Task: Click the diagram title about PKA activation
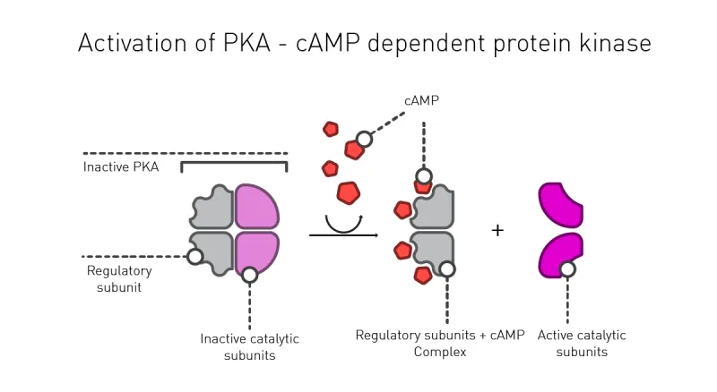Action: coord(364,42)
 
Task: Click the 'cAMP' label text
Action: coord(421,101)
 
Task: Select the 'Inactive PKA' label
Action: coord(121,166)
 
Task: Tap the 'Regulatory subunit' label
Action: coord(119,278)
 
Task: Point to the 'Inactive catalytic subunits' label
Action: coord(249,346)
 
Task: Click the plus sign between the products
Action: coord(498,231)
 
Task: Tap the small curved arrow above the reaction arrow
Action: coord(343,220)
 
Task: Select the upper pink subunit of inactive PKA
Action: coord(256,206)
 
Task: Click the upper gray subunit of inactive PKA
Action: coord(213,207)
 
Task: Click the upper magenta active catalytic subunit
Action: coord(559,203)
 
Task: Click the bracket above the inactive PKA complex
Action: coord(234,165)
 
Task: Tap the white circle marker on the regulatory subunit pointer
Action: coord(194,257)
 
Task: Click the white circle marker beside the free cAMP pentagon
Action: coord(364,140)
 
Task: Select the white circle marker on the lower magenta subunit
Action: coord(567,268)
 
